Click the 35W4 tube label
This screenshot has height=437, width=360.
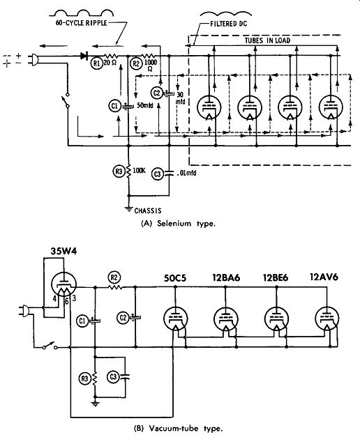point(63,251)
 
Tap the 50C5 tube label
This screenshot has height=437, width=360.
point(174,278)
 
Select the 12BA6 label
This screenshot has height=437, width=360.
point(226,277)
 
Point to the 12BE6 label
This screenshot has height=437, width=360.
point(276,278)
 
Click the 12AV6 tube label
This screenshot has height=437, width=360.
point(324,277)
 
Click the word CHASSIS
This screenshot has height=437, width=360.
point(148,210)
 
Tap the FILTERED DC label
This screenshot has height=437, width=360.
point(229,24)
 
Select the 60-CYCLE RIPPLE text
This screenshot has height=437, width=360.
point(81,22)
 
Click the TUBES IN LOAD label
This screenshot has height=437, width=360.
point(267,40)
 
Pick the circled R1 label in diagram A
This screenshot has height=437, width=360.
point(96,63)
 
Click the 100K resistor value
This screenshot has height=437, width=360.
point(139,170)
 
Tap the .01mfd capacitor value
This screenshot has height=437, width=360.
point(186,173)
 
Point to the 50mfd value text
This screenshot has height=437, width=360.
point(145,106)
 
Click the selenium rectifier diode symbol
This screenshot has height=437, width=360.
point(84,56)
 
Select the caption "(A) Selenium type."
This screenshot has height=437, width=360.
point(179,224)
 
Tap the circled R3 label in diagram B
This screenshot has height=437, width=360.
point(84,378)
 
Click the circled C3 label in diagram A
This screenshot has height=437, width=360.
point(158,174)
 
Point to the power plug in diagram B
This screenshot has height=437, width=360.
point(24,311)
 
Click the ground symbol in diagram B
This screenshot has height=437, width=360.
point(96,404)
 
